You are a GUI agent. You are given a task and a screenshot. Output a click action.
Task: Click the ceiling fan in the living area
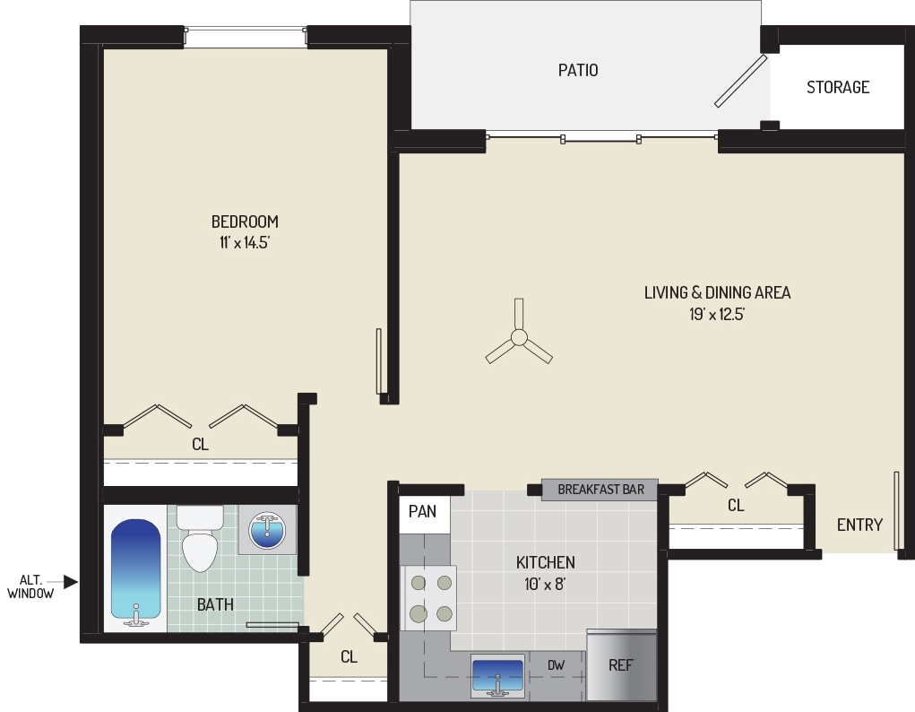click(x=518, y=338)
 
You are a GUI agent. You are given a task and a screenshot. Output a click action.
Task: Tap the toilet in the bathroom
click(x=200, y=540)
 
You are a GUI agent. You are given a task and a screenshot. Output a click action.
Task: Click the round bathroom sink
click(x=266, y=532)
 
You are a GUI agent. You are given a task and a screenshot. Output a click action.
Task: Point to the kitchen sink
click(x=497, y=675)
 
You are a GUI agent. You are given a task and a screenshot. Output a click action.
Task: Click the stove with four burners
click(x=430, y=597)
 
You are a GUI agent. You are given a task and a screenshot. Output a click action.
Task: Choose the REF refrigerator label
click(x=621, y=665)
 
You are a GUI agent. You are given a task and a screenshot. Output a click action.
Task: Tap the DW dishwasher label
click(x=556, y=665)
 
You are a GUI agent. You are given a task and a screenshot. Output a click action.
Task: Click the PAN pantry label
click(x=422, y=512)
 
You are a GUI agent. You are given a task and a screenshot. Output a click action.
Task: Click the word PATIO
click(x=578, y=70)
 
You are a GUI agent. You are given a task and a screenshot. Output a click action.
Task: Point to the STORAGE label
click(x=837, y=87)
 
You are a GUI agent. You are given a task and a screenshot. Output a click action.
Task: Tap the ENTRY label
click(x=859, y=525)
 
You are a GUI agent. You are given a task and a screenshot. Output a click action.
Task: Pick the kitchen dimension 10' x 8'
click(x=545, y=584)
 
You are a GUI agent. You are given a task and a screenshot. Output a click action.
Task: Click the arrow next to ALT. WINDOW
click(x=71, y=582)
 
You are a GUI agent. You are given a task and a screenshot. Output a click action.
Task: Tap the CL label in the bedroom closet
click(x=200, y=444)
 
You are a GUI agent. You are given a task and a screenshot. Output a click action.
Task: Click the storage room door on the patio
click(x=741, y=82)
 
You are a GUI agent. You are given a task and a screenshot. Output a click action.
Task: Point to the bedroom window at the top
click(x=246, y=37)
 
